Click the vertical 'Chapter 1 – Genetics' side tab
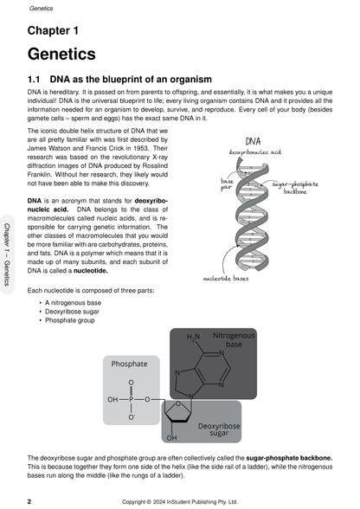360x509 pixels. tap(8, 254)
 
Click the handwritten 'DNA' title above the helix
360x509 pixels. tap(254, 140)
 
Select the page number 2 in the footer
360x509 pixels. tap(30, 500)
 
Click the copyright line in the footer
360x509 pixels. tap(182, 500)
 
